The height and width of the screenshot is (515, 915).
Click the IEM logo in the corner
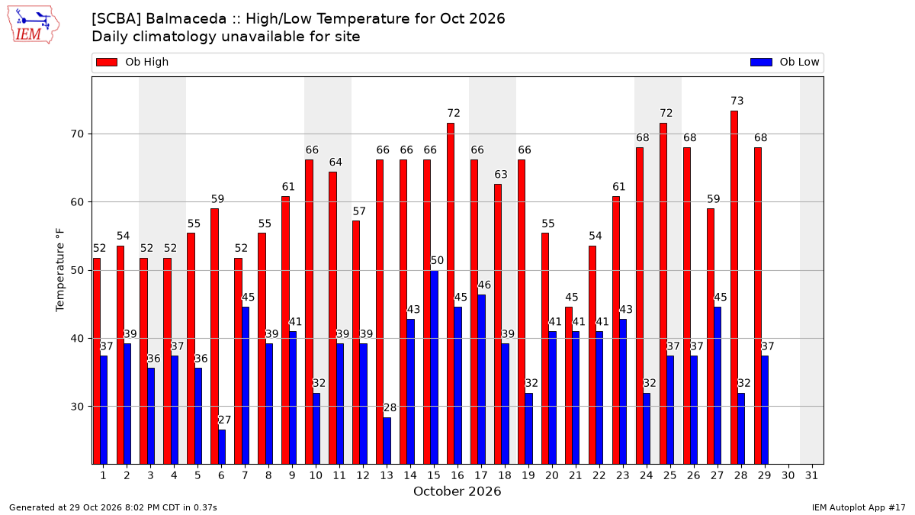(33, 24)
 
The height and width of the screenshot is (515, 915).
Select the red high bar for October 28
(734, 288)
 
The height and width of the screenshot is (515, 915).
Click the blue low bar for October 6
(222, 447)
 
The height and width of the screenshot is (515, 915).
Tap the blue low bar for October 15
(434, 368)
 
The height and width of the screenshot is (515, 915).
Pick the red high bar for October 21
(569, 385)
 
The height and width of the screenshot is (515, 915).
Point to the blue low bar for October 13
(387, 441)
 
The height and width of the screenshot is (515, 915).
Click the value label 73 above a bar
(737, 101)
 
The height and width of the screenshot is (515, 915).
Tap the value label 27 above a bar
(224, 420)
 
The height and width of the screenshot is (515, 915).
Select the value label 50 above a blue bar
(437, 260)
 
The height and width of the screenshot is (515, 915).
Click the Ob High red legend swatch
(107, 62)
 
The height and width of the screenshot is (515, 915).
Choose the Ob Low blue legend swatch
(761, 62)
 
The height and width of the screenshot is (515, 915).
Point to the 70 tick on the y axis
(77, 134)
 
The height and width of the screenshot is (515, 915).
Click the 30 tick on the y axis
(77, 407)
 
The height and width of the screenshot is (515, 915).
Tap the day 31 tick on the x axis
(811, 475)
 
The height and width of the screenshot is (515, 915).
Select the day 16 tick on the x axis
(457, 475)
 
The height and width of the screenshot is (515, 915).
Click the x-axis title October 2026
(457, 491)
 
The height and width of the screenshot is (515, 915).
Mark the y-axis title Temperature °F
(59, 270)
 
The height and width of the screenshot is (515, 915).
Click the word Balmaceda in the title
(186, 19)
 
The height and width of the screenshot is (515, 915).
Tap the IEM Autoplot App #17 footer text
(859, 507)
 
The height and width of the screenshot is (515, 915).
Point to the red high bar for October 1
(96, 362)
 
